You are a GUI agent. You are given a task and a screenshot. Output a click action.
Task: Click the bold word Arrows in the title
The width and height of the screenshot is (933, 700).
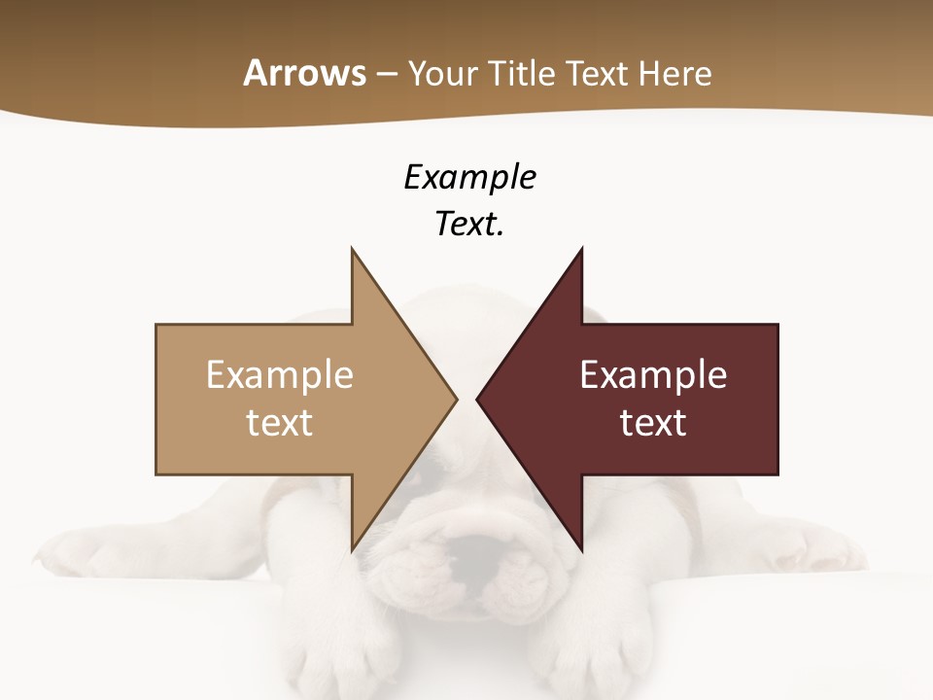pos(304,73)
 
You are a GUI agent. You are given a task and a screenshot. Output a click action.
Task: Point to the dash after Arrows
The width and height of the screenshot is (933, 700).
pos(386,74)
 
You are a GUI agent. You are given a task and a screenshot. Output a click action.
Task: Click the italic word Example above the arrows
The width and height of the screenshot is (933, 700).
pos(469,177)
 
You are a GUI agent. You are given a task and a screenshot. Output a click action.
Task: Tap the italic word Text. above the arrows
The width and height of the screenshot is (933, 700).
pos(469,225)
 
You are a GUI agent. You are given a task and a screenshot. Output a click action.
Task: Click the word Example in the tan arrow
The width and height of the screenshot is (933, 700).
pos(280,375)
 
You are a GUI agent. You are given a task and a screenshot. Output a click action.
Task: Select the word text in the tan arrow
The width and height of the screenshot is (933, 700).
pos(280,423)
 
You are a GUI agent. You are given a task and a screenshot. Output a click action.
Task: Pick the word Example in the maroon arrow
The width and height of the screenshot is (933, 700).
pos(653,375)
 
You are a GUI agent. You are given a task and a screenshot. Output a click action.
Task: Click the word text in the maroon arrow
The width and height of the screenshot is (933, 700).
pos(653,423)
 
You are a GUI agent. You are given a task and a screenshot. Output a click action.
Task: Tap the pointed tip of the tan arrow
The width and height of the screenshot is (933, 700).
pos(453,399)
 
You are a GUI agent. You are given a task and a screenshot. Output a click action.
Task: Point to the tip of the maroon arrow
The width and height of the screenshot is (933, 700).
pos(480,399)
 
